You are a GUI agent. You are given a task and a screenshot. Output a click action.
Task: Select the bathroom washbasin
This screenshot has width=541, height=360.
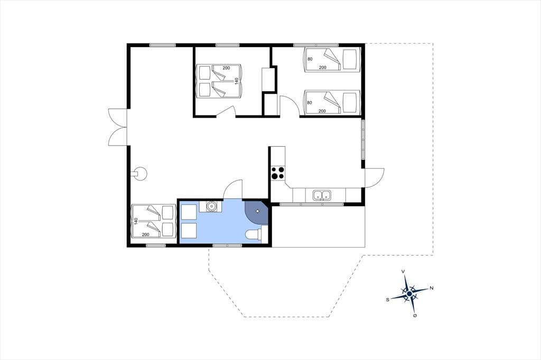[210, 206]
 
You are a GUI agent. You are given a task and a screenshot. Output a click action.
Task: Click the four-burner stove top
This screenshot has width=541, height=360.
[278, 173]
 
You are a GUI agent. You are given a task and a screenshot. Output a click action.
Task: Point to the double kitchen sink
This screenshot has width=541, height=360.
[322, 195]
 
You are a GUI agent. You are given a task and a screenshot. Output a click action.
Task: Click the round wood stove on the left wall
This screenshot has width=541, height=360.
[140, 174]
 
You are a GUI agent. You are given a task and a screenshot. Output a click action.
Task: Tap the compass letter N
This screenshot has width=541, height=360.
[431, 288]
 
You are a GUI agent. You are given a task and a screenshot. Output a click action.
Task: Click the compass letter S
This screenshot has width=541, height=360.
[388, 300]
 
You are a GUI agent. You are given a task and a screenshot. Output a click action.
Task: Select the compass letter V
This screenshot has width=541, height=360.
[403, 272]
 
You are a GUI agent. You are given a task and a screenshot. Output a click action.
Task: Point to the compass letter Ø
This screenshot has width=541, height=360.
[415, 315]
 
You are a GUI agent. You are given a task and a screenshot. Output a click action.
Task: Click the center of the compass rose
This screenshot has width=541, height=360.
[409, 294]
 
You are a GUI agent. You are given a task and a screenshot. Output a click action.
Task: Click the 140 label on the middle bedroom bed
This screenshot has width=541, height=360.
[236, 81]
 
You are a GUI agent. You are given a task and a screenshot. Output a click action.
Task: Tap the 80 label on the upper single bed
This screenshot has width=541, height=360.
[310, 59]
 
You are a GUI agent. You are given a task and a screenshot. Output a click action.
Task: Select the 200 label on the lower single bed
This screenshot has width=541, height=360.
[322, 111]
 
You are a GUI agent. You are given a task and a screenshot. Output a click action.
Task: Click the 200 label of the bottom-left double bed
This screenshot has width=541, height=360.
[146, 234]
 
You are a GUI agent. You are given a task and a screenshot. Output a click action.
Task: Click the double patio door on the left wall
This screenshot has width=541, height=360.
[118, 127]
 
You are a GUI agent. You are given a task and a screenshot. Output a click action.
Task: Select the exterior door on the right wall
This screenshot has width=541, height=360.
[375, 177]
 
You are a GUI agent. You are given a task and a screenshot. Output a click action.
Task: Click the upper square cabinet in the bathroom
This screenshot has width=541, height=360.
[189, 212]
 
